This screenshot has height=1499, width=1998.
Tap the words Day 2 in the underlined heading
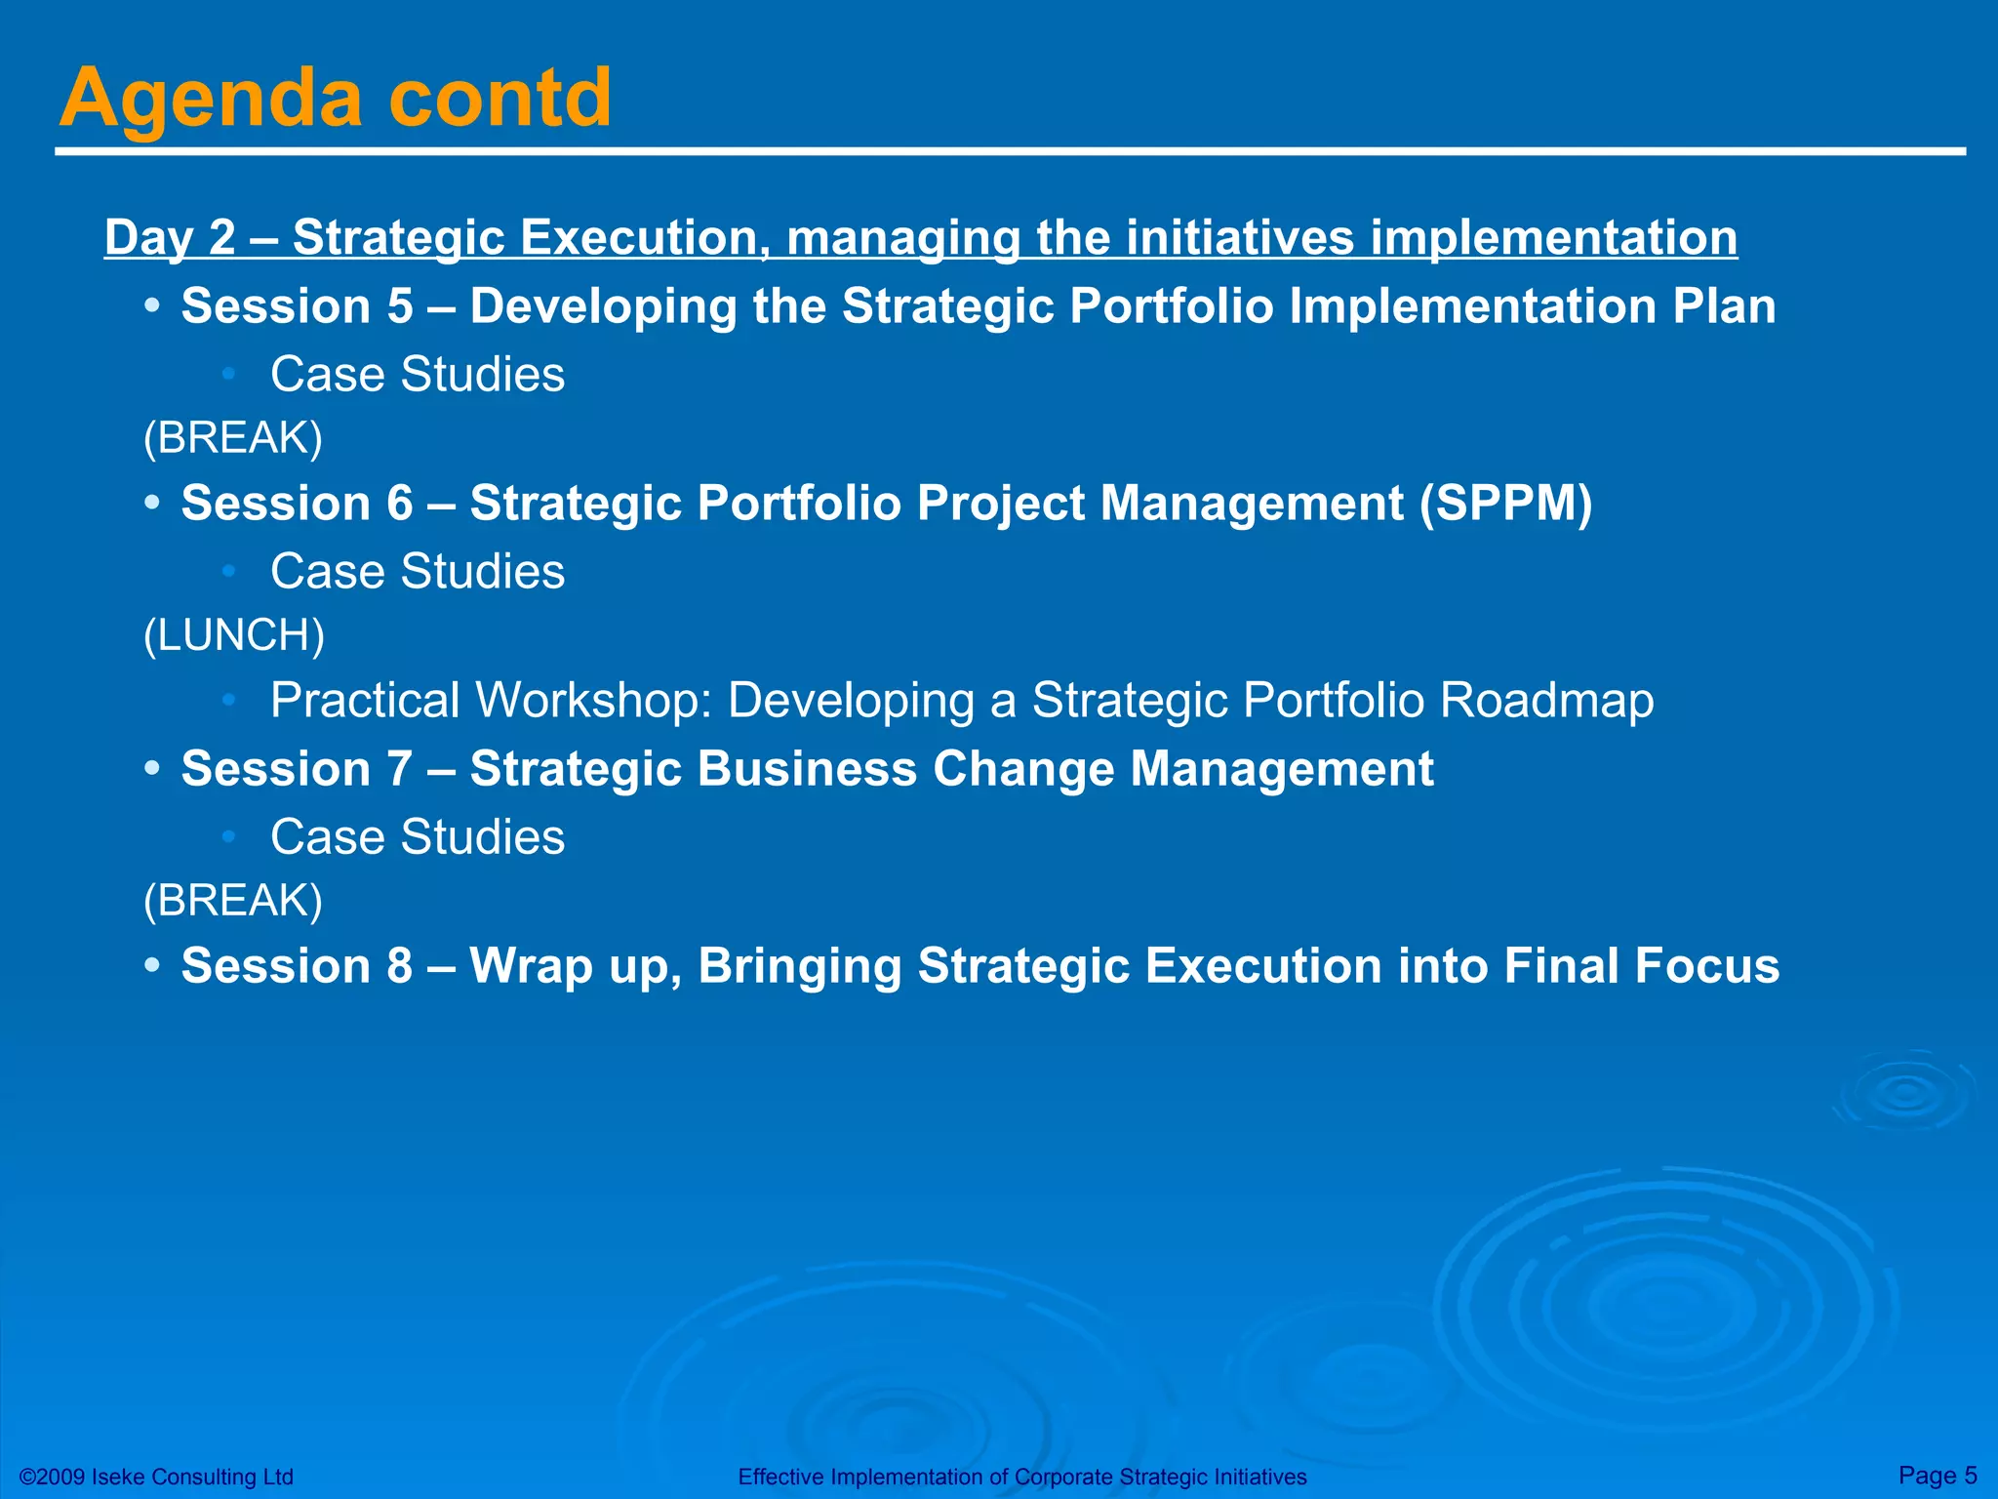[170, 237]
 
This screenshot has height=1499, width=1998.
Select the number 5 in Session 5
[400, 306]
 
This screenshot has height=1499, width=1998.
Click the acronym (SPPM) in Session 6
[1505, 504]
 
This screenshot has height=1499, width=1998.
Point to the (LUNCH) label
[234, 635]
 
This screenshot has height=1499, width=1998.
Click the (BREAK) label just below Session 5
[232, 438]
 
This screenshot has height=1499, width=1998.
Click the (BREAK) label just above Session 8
[232, 901]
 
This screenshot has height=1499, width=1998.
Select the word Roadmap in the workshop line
[1547, 701]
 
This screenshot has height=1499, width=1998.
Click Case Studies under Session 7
[418, 837]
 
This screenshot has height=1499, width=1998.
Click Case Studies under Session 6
[418, 572]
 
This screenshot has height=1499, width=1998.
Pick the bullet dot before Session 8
[151, 966]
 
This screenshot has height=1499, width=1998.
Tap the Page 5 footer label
[1938, 1475]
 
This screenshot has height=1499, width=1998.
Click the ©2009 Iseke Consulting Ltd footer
[157, 1477]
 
